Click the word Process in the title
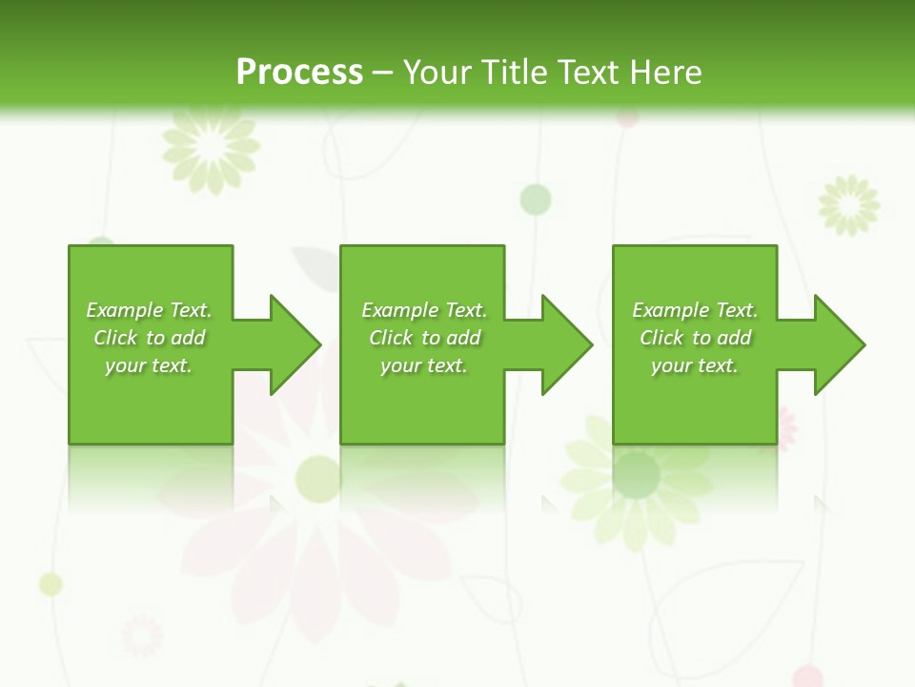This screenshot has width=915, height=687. [299, 73]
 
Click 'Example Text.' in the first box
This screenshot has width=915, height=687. [149, 310]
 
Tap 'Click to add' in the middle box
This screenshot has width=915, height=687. [424, 338]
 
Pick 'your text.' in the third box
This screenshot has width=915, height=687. [695, 365]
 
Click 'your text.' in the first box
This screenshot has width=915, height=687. [149, 365]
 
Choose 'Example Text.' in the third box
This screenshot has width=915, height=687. [695, 310]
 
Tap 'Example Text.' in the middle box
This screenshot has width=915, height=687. [424, 310]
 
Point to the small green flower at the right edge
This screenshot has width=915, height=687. [849, 204]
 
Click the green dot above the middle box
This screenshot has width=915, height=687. [536, 199]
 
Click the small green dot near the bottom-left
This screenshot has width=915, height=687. [51, 584]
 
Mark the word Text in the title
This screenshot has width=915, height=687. [587, 73]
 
